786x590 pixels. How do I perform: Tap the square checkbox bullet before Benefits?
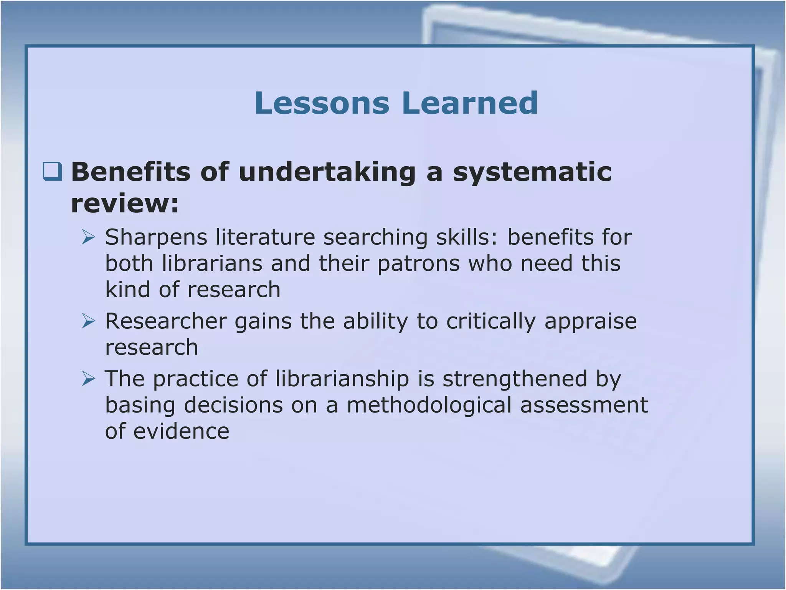[52, 171]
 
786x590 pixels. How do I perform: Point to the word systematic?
[532, 172]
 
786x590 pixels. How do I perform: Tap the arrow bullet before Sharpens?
[88, 237]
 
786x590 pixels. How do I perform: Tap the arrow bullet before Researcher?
[88, 321]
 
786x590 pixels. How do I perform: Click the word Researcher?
[166, 321]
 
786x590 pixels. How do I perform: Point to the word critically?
[490, 322]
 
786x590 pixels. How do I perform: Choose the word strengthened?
[515, 380]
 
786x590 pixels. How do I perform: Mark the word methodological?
[429, 406]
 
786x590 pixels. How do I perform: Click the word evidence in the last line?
[181, 431]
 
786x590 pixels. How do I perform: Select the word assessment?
[584, 406]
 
